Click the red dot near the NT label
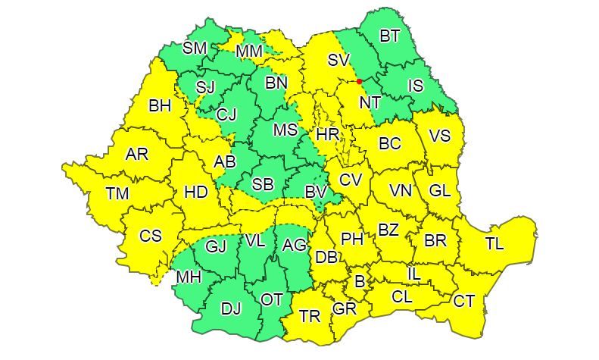click(x=359, y=81)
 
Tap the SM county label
click(x=195, y=49)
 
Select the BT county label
click(x=389, y=35)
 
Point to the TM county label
click(x=117, y=194)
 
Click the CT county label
click(x=463, y=302)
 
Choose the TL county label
click(x=494, y=244)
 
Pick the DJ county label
click(x=231, y=308)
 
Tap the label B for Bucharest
click(x=360, y=282)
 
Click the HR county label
click(x=327, y=134)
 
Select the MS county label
click(x=285, y=130)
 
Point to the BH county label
click(x=160, y=106)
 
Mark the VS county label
click(x=439, y=136)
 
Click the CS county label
click(x=151, y=236)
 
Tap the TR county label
click(x=309, y=317)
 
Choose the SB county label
click(x=263, y=184)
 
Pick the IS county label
click(x=415, y=86)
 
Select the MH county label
click(x=189, y=277)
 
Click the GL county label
click(x=439, y=191)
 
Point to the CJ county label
click(x=226, y=115)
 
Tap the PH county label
click(x=352, y=239)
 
